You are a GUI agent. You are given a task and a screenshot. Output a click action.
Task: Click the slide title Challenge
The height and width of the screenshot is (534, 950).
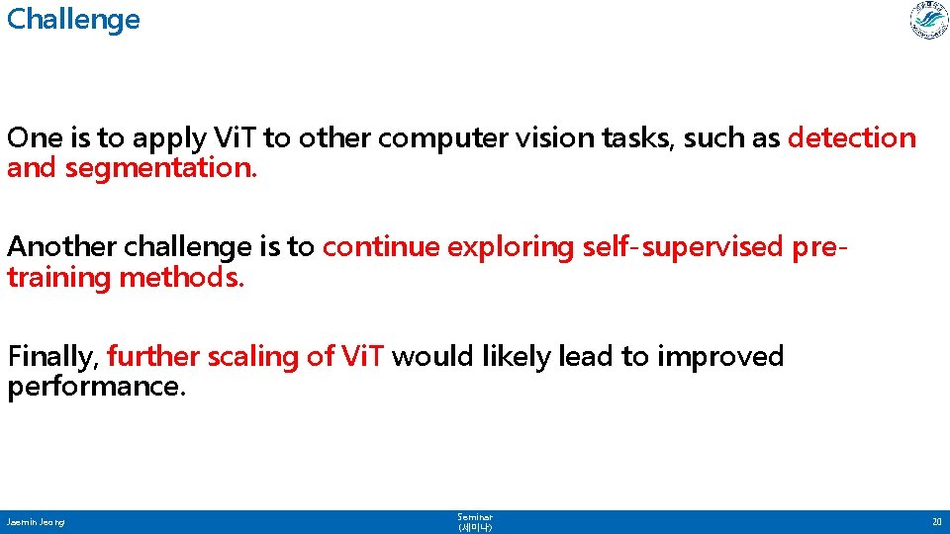pos(73,20)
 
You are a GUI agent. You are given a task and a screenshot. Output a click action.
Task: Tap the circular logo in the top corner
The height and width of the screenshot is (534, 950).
pos(928,21)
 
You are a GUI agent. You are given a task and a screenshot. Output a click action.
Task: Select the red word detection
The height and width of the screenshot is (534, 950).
pos(852,138)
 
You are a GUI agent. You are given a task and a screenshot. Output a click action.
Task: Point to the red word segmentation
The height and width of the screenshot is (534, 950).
pos(161,168)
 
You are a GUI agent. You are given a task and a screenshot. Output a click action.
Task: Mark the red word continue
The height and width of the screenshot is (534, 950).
pos(381,247)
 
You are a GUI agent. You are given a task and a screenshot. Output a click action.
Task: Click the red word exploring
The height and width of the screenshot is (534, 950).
pos(511,247)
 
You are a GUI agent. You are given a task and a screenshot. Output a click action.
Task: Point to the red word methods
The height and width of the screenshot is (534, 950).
pos(181,277)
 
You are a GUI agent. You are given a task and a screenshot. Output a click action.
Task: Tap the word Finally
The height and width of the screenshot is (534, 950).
pos(52,356)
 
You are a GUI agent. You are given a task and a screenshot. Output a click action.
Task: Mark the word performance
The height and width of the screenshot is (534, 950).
pos(96,386)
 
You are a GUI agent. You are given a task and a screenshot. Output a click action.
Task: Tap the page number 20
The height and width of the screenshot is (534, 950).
pos(935,521)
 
